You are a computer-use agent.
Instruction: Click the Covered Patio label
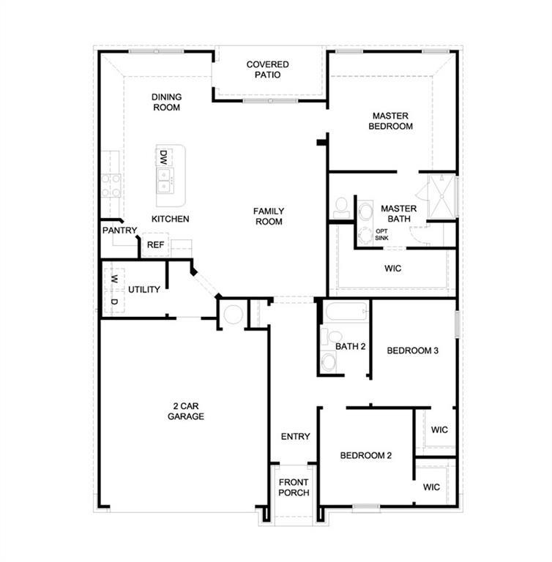267,70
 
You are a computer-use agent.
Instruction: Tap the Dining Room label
166,102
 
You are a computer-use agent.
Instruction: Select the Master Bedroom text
392,121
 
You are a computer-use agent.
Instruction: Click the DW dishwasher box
164,157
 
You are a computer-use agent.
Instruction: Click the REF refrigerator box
155,245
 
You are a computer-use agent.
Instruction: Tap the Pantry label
119,231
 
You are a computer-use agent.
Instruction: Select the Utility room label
144,290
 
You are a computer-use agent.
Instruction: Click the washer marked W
114,279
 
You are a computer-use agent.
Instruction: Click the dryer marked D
114,301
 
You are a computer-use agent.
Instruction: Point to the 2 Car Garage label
185,411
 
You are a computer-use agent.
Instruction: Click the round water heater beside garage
234,315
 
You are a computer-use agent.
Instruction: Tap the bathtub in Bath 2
344,312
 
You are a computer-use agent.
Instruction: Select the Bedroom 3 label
412,351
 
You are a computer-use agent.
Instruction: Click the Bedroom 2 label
365,455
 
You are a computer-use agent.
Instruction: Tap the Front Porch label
294,487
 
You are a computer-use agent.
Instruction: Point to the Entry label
295,437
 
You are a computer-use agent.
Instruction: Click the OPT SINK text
381,234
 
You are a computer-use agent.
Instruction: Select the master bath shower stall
440,196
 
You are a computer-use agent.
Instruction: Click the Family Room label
268,217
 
